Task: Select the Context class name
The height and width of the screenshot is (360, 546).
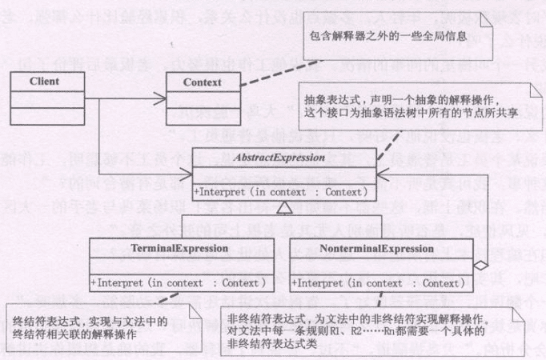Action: [x=202, y=82]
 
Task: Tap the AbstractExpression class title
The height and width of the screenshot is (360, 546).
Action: [x=279, y=158]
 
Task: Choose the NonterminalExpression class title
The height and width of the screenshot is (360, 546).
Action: [x=376, y=249]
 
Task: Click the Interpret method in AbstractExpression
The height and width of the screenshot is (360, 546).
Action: [x=279, y=191]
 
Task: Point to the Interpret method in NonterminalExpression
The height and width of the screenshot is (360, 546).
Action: [x=376, y=282]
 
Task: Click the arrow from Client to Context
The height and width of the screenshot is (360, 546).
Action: [x=120, y=82]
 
